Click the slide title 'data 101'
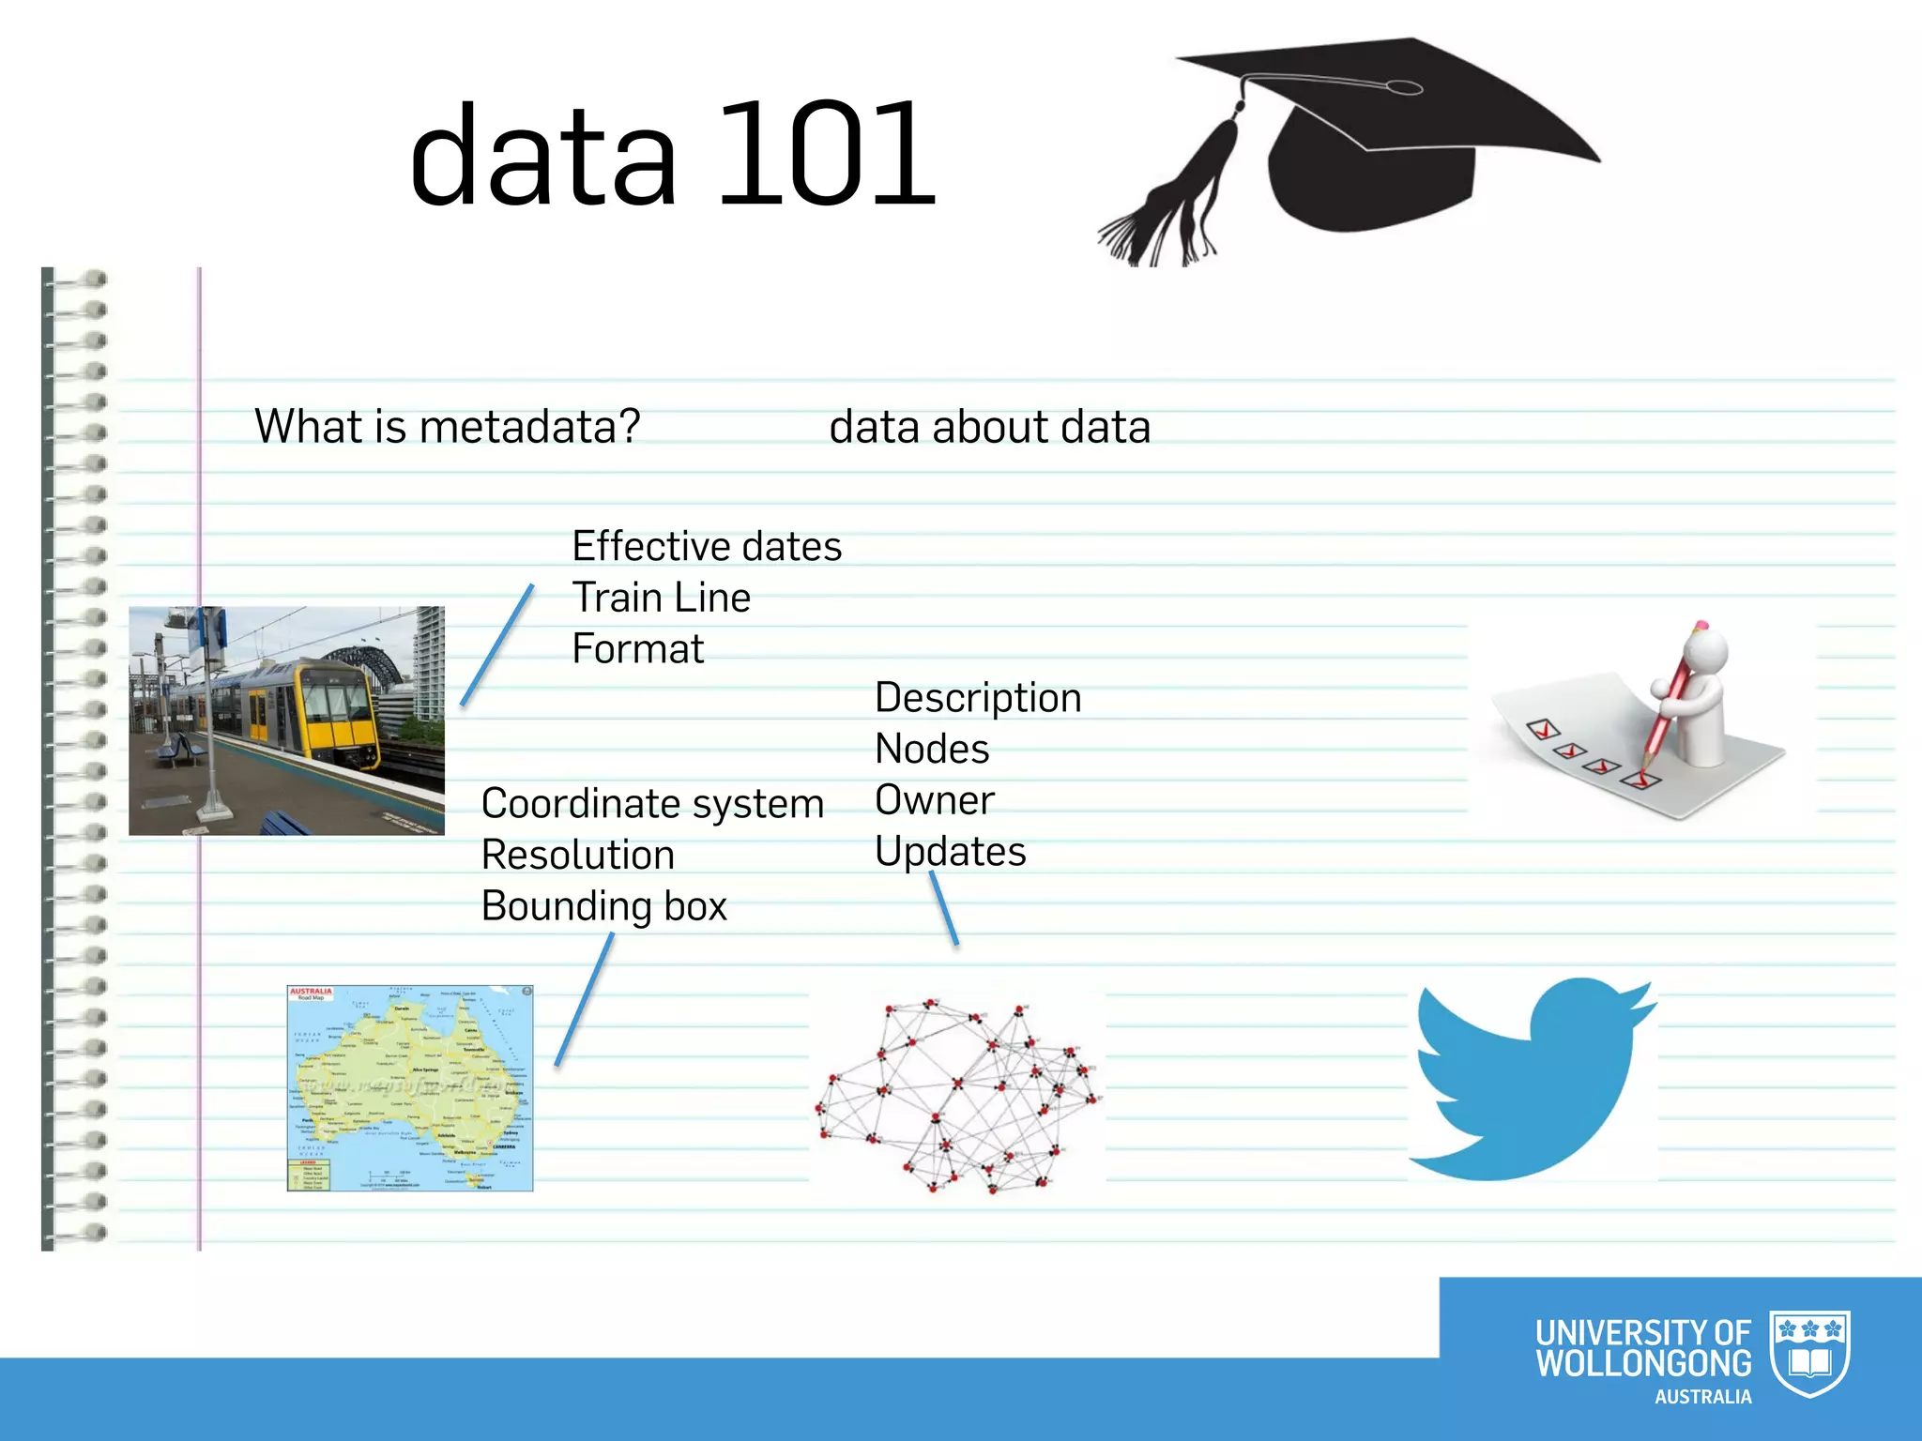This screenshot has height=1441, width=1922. (672, 156)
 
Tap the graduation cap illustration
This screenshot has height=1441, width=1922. (1380, 141)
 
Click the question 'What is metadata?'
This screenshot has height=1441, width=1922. (448, 427)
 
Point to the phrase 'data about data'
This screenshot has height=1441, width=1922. (989, 428)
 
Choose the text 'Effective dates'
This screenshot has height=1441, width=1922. (707, 547)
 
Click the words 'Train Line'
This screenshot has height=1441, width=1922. (661, 599)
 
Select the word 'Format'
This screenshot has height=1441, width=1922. (637, 649)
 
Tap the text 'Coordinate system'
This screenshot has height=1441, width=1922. (652, 804)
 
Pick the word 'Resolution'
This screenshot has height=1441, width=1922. (578, 856)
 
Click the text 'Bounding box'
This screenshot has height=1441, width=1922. (603, 906)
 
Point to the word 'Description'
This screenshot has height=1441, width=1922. (978, 698)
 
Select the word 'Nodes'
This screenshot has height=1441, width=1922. (932, 750)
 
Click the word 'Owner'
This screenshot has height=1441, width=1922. (934, 800)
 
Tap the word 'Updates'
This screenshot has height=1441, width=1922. (950, 852)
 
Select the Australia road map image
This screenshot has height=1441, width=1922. (410, 1088)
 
